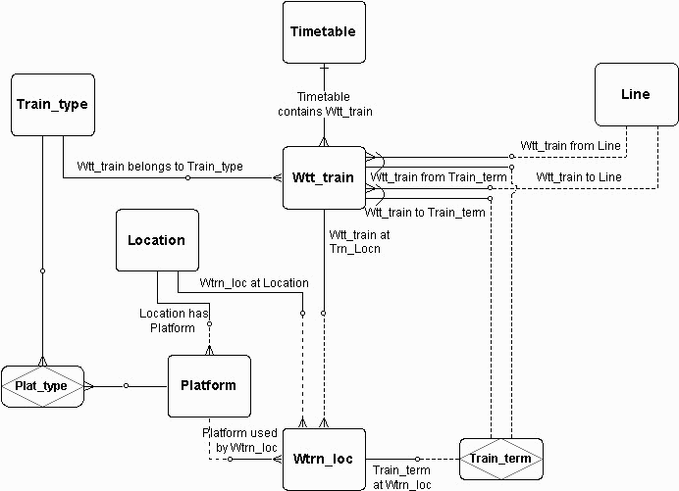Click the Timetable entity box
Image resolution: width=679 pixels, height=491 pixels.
pos(324,32)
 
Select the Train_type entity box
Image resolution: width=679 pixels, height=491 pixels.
pos(53,105)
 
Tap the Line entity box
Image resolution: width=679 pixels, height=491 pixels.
pos(636,94)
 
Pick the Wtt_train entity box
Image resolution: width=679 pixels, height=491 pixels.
pos(324,177)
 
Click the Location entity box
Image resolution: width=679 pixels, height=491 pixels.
pos(157,240)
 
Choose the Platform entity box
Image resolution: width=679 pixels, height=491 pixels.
pos(209,386)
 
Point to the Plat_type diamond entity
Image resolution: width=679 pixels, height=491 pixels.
pos(42,386)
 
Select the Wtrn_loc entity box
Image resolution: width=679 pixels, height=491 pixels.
pos(324,459)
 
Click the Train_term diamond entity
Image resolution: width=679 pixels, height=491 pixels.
pos(501,459)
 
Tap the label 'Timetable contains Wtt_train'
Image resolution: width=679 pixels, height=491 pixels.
pos(325,104)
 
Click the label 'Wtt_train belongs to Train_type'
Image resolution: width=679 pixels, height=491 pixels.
pos(160,167)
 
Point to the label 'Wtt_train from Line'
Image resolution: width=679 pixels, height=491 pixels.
pos(570,146)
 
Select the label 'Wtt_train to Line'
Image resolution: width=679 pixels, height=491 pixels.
pos(579,177)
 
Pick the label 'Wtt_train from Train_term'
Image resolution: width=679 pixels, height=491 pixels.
pos(439,177)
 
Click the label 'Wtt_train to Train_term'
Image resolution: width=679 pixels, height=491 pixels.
pos(424,213)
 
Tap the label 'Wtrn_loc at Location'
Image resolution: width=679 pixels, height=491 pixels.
pos(254,283)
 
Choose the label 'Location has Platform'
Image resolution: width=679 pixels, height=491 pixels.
pos(174,320)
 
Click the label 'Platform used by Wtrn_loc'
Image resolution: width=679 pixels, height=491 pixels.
pos(239,440)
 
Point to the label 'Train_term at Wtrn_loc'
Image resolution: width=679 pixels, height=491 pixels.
pos(401,477)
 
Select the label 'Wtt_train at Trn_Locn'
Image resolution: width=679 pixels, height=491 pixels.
pos(359,242)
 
